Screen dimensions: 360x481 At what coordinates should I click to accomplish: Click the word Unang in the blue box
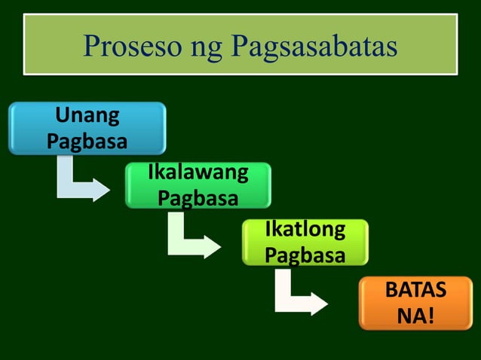pyautogui.click(x=87, y=117)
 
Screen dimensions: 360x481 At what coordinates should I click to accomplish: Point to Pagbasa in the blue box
pyautogui.click(x=87, y=141)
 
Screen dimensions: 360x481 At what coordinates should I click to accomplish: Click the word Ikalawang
pyautogui.click(x=198, y=172)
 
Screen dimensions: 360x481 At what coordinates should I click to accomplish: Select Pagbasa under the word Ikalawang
pyautogui.click(x=198, y=197)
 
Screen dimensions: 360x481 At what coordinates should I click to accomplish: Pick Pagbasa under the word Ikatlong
pyautogui.click(x=305, y=254)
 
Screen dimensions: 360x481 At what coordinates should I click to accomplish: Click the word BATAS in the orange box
pyautogui.click(x=415, y=290)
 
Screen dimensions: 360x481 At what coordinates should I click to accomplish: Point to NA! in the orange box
pyautogui.click(x=415, y=315)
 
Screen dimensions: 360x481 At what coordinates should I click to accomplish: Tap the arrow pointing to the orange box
pyautogui.click(x=298, y=297)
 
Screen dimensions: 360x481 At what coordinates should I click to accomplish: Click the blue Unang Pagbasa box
pyautogui.click(x=87, y=129)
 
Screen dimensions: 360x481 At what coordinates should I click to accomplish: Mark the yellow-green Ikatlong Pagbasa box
pyautogui.click(x=305, y=242)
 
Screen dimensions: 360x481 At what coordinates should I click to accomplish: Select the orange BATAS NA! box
pyautogui.click(x=415, y=303)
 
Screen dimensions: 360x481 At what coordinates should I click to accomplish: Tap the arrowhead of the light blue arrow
pyautogui.click(x=102, y=191)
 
